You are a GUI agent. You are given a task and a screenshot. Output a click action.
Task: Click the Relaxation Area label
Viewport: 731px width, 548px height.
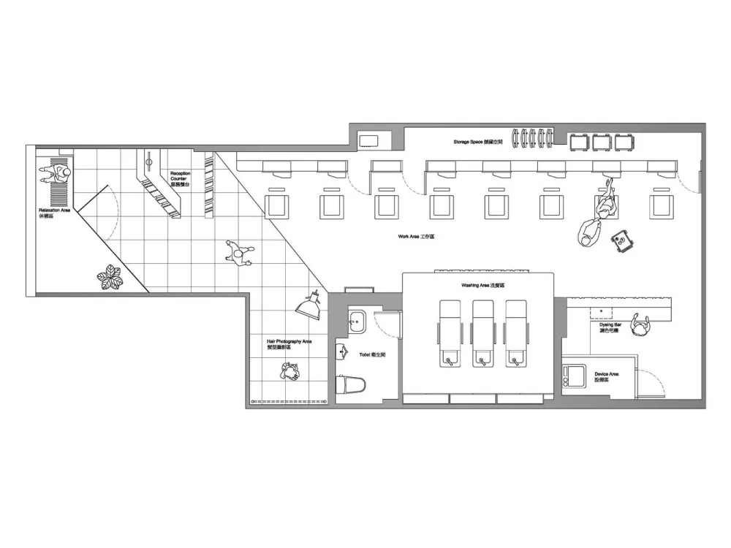[55, 213]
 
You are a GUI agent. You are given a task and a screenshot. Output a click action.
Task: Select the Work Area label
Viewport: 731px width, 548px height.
[416, 237]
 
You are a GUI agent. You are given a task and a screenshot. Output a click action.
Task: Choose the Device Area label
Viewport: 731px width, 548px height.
[607, 377]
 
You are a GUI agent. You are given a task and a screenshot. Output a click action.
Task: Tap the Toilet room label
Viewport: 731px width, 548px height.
[367, 354]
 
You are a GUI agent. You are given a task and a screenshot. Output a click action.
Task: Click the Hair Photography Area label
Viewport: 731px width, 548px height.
[289, 344]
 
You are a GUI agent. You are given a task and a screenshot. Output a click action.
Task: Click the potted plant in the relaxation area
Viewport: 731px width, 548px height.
[111, 276]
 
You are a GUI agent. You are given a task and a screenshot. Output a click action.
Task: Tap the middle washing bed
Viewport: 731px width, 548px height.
[483, 332]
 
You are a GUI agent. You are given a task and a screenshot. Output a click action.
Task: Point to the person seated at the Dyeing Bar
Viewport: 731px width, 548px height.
[641, 327]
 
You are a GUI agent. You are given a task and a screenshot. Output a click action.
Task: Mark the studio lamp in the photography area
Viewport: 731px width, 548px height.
[310, 304]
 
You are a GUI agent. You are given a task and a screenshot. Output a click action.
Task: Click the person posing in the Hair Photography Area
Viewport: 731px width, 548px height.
[289, 373]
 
